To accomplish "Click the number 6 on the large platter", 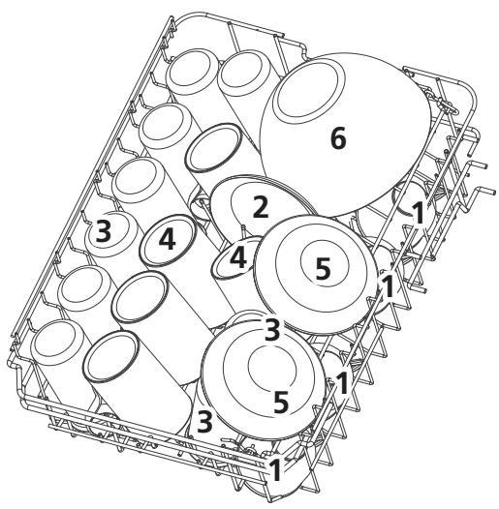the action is tap(338, 138).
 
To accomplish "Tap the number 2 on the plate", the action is tap(261, 207).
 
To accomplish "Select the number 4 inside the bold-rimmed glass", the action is tap(167, 239).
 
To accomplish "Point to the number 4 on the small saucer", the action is tap(238, 258).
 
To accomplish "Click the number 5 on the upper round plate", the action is tap(323, 268).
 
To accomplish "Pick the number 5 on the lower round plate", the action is tap(281, 403).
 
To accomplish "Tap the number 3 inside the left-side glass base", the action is tap(103, 231).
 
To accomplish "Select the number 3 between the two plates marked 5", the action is tap(271, 330).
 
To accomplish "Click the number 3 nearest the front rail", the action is tap(204, 422).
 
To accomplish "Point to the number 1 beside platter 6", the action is tap(419, 213).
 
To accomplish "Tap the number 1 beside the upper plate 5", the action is tap(389, 286).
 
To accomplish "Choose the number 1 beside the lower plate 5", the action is tap(342, 383).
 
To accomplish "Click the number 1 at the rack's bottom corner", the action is tap(276, 469).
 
